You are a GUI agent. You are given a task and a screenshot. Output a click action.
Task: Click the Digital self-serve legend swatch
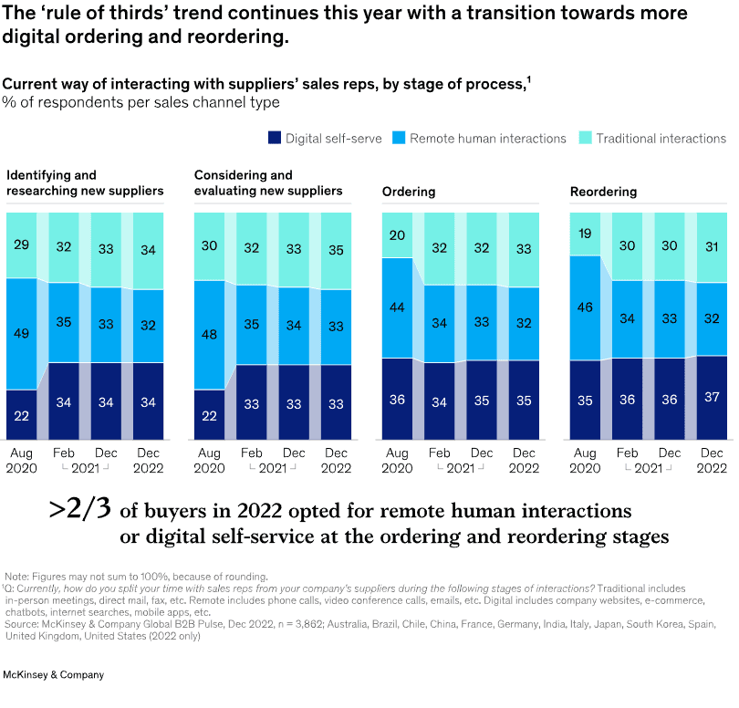274,139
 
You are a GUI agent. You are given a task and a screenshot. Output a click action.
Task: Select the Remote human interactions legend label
488,139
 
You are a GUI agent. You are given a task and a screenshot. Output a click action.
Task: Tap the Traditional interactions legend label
662,139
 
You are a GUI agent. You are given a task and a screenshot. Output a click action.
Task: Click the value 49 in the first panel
21,333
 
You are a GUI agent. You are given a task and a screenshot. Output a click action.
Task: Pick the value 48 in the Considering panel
209,334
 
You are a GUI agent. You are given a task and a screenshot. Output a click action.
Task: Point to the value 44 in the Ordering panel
397,307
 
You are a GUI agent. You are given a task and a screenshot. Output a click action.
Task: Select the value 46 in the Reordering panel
585,307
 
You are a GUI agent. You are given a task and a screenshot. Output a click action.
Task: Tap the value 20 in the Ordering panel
397,234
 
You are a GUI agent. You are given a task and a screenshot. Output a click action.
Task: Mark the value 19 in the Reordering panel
585,234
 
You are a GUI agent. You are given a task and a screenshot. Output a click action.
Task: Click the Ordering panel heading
409,193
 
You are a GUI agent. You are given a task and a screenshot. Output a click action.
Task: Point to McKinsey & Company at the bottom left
54,675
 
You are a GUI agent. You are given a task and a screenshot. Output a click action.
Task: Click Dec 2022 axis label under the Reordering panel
711,461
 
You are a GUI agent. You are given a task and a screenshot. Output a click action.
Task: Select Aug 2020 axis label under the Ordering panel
397,461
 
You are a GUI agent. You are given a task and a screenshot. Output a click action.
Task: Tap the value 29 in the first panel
21,245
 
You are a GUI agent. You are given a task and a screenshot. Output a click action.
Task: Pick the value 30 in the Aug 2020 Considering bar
209,245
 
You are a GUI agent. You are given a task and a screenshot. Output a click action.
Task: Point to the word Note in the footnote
16,577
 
